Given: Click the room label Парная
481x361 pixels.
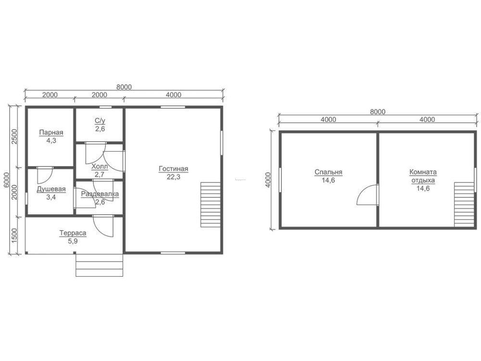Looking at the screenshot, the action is click(51, 133).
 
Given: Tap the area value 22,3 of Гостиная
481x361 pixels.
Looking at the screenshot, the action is click(173, 177).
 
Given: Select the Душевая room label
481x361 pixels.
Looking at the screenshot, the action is click(51, 189).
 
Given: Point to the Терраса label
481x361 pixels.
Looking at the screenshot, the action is click(73, 233).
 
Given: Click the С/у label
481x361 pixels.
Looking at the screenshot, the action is click(100, 121).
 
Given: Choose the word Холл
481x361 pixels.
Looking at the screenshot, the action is click(100, 167).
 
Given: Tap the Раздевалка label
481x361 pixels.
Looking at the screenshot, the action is click(100, 194).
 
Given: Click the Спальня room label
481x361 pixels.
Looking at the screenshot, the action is click(328, 172).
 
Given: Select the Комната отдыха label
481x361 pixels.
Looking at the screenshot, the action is click(423, 176).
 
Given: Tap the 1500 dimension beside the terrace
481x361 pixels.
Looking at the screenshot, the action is click(14, 235).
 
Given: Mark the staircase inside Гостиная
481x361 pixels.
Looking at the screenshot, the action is click(211, 205).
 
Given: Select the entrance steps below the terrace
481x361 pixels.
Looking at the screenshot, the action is click(100, 265).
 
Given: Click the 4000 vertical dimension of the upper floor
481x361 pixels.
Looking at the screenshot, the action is click(268, 180).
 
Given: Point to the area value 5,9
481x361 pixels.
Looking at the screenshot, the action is click(73, 241).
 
